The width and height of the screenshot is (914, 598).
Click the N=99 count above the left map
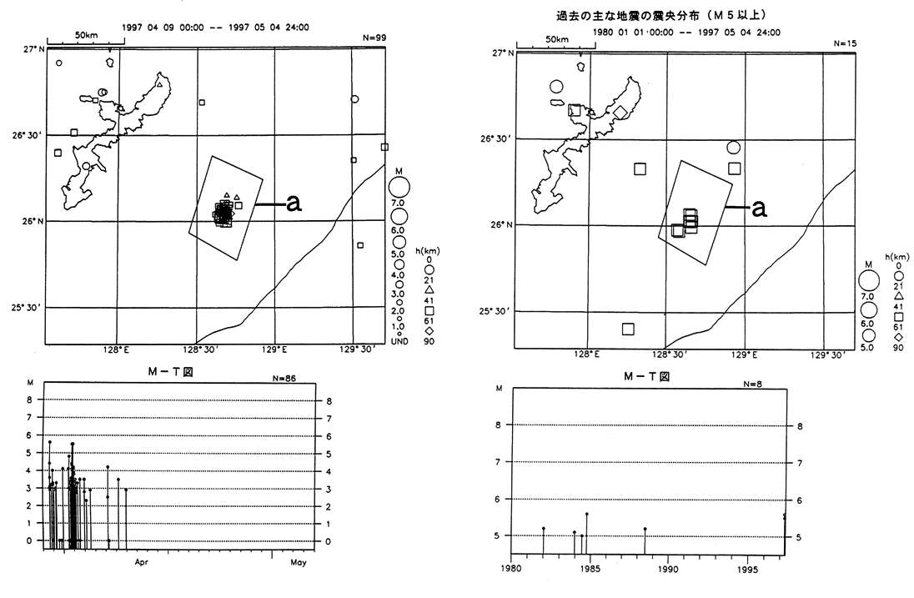pyautogui.click(x=374, y=38)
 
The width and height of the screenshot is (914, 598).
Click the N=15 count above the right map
pyautogui.click(x=846, y=43)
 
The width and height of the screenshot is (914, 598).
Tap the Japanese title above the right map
pyautogui.click(x=661, y=16)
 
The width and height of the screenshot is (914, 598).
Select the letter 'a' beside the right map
pyautogui.click(x=760, y=208)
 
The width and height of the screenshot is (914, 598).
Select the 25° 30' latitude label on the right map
pyautogui.click(x=495, y=311)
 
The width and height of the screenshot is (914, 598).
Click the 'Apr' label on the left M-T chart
pyautogui.click(x=141, y=562)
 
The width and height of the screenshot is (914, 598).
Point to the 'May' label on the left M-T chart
pyautogui.click(x=298, y=562)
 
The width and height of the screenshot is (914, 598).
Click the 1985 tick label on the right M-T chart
pyautogui.click(x=590, y=570)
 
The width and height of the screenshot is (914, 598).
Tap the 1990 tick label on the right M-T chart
pyautogui.click(x=668, y=570)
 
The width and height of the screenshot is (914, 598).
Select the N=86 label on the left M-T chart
pyautogui.click(x=284, y=379)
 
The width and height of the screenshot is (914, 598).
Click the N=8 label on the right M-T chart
pyautogui.click(x=753, y=384)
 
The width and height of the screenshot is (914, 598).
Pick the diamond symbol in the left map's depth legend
pyautogui.click(x=429, y=331)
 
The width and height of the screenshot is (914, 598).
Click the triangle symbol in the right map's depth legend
pyautogui.click(x=898, y=296)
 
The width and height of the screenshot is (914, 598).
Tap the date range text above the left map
pyautogui.click(x=216, y=28)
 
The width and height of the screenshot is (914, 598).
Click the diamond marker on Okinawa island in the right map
pyautogui.click(x=620, y=112)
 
